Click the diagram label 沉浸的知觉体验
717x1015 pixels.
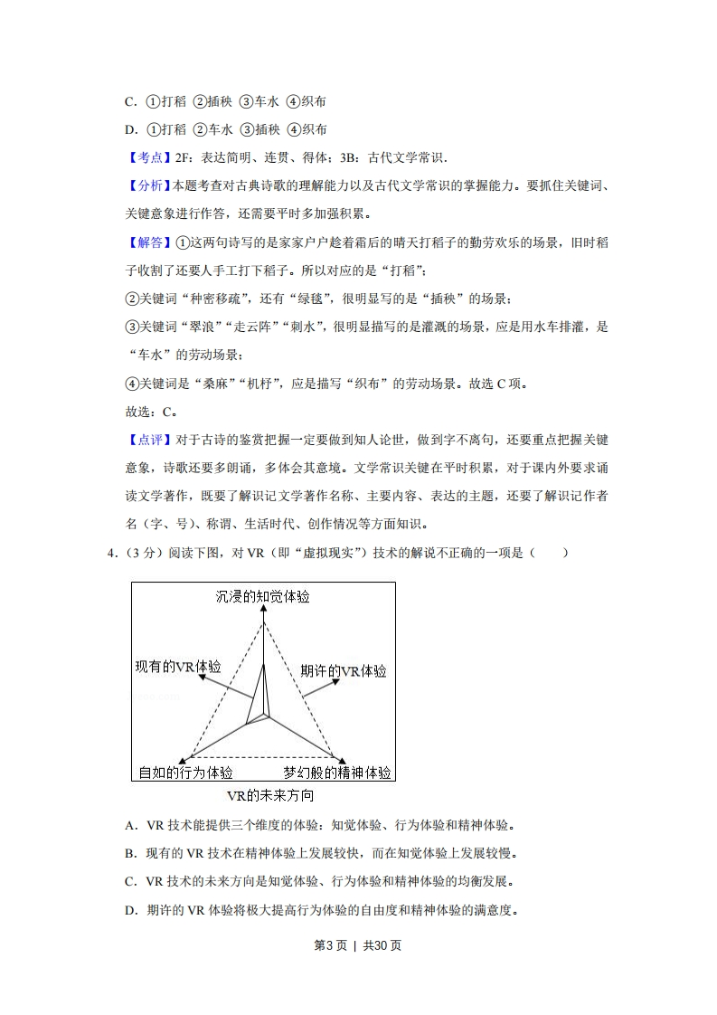pos(263,596)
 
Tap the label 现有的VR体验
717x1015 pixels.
pos(177,666)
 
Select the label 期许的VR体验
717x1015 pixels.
pos(343,671)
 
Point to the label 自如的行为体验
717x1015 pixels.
pos(185,773)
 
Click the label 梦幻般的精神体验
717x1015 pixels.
pos(336,773)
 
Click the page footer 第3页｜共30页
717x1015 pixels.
pos(357,945)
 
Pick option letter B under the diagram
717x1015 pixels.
pos(130,853)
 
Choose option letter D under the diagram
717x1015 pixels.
pos(130,910)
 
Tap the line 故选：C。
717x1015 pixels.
pos(150,412)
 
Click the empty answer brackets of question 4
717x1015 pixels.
pos(551,553)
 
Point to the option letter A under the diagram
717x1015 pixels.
pos(130,825)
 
